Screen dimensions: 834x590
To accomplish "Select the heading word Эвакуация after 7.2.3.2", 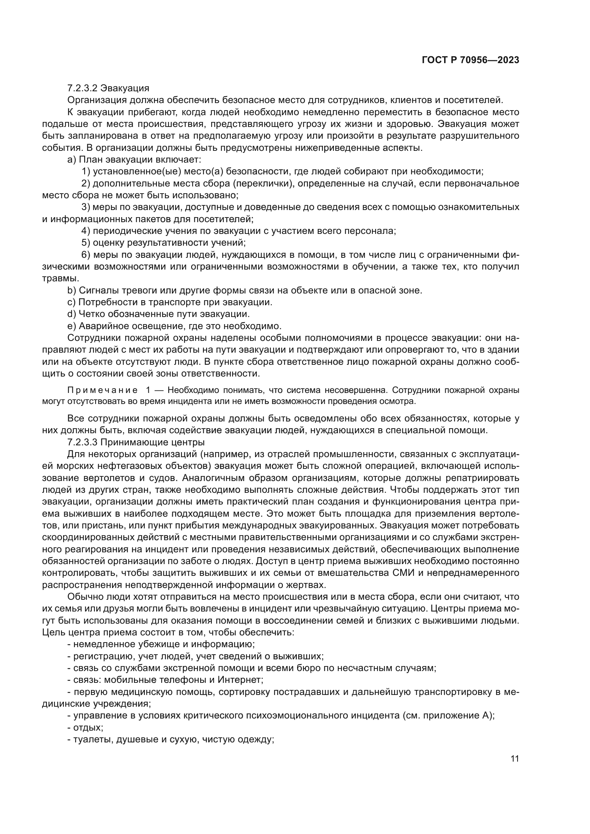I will point(125,88).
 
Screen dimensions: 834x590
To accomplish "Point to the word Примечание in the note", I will point(102,390).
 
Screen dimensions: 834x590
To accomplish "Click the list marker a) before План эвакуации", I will point(71,160).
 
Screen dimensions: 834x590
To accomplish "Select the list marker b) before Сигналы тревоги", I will point(71,291).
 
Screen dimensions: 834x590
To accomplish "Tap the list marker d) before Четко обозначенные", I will point(71,314).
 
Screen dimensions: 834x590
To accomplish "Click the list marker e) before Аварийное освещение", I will point(71,326).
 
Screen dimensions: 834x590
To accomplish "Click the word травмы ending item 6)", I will point(60,279).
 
